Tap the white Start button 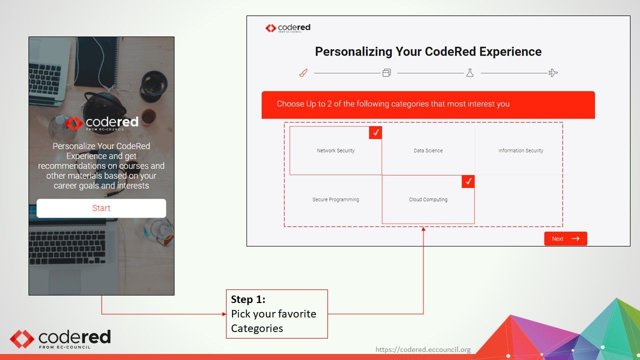click(x=101, y=208)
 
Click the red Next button click(x=565, y=238)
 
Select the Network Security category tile click(x=335, y=150)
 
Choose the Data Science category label click(x=428, y=150)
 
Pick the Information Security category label click(x=520, y=150)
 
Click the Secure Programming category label click(x=335, y=199)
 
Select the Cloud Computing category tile click(x=428, y=199)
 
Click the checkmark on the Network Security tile click(x=375, y=132)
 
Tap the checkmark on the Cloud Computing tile click(x=468, y=181)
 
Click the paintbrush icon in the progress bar click(x=303, y=73)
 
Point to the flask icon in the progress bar click(x=469, y=73)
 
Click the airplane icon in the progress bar click(x=552, y=73)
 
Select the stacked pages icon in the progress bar click(x=386, y=73)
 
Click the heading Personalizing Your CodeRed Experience click(x=428, y=51)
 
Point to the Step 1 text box click(x=276, y=314)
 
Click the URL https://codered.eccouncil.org click(x=422, y=349)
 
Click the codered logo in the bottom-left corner click(x=60, y=338)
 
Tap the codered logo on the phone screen click(x=101, y=123)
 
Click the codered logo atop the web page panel click(x=288, y=28)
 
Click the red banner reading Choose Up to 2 click(x=428, y=104)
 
